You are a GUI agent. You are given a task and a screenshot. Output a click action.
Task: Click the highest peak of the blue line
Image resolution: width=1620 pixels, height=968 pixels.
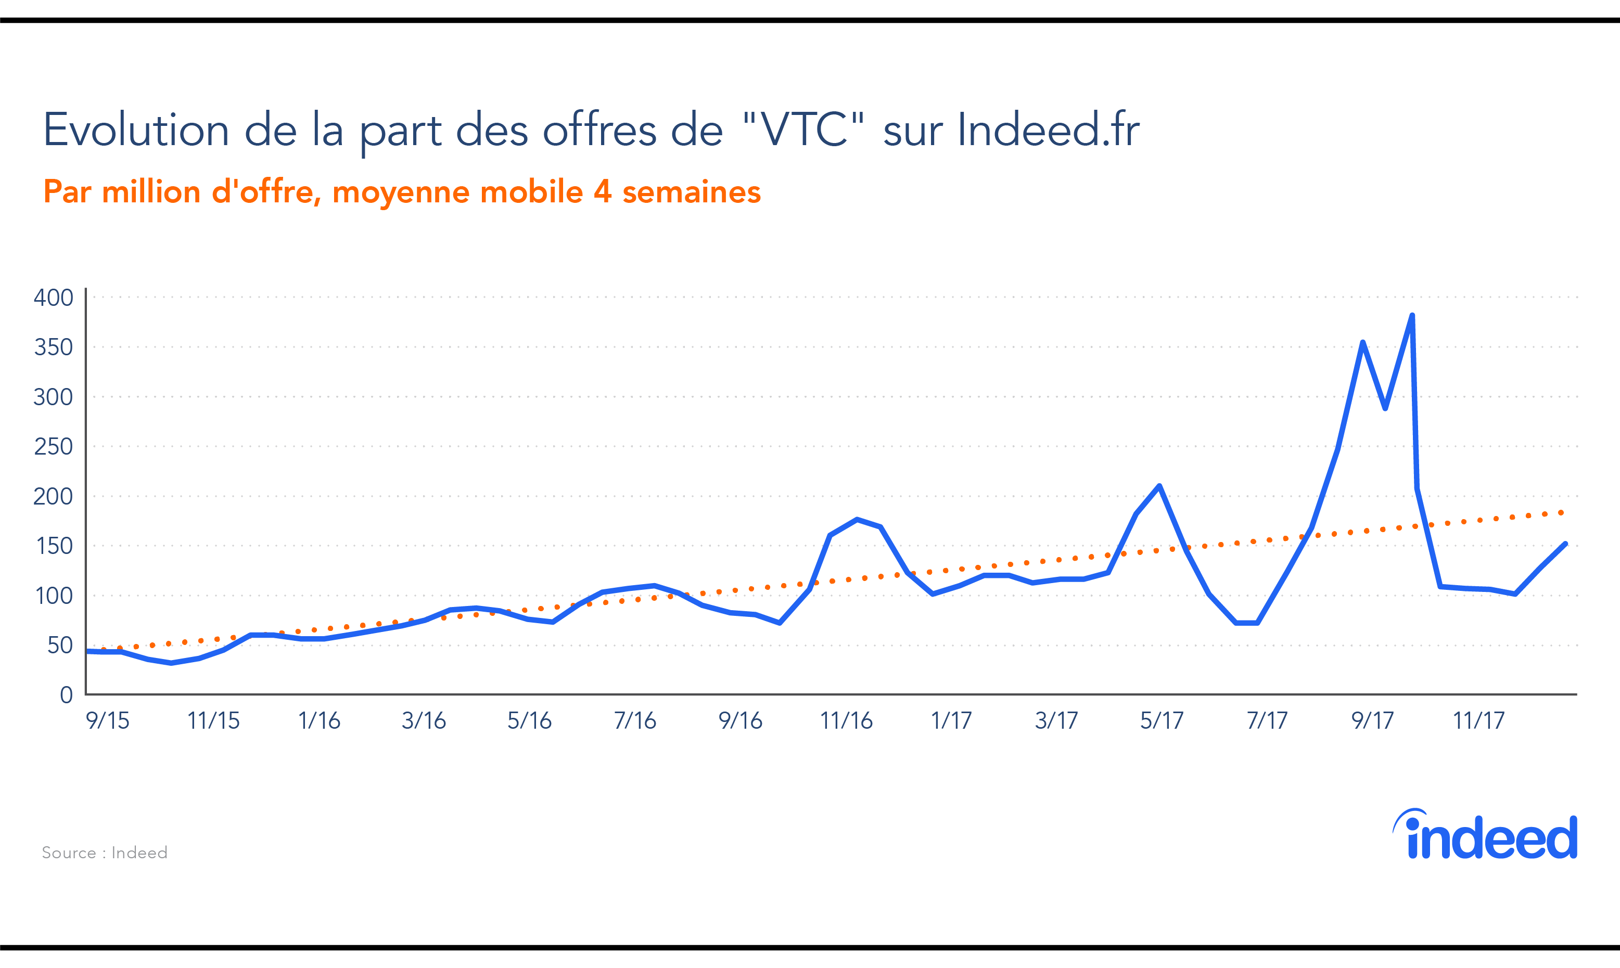1412,316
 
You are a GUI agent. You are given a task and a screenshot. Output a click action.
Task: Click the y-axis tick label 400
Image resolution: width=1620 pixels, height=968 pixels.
54,298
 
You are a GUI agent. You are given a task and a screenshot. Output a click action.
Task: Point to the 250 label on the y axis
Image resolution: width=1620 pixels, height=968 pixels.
54,447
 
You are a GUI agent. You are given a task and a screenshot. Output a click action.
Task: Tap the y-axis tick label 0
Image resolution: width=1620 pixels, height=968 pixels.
66,695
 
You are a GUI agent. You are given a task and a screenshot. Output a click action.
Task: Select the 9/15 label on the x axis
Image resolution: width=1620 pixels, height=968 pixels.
108,721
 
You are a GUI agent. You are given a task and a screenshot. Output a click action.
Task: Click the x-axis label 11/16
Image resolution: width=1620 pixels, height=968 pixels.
846,721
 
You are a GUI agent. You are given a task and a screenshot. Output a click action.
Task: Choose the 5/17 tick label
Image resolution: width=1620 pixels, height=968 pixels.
1162,721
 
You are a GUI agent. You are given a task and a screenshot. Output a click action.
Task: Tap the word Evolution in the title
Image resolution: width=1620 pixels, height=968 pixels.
136,130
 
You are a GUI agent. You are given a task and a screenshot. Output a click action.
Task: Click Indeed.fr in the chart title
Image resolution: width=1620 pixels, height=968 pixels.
1049,130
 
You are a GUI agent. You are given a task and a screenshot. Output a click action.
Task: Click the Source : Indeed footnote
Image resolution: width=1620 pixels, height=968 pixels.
105,853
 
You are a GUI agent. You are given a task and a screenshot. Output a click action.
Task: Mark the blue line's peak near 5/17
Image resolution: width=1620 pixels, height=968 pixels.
1159,486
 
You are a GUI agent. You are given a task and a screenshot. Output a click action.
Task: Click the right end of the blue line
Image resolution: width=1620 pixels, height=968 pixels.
1565,544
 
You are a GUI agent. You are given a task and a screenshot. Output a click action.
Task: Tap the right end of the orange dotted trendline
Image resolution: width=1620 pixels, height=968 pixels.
1562,513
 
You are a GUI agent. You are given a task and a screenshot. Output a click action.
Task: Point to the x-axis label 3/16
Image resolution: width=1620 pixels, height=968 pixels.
424,721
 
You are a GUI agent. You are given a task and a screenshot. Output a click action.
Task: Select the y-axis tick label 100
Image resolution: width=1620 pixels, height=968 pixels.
54,596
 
